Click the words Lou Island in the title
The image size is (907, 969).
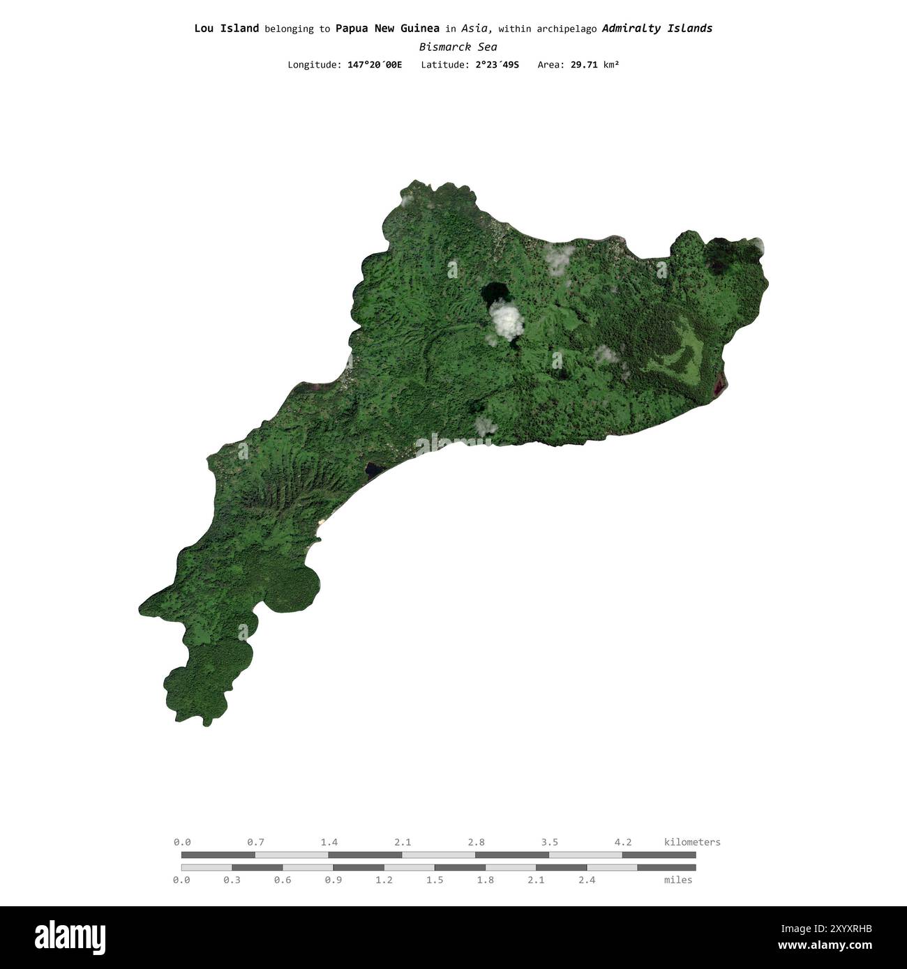[x=226, y=29]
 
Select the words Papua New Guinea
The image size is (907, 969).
[x=387, y=29]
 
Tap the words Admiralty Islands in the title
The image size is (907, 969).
[x=657, y=29]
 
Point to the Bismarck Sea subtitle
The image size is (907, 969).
[x=458, y=47]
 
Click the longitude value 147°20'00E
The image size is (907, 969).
[x=375, y=65]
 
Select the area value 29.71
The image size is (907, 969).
[x=583, y=65]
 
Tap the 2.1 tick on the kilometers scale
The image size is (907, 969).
[x=403, y=842]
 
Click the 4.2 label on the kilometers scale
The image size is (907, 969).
[x=622, y=842]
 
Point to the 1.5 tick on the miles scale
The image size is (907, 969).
[x=435, y=880]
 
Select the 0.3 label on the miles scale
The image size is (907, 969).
[x=232, y=880]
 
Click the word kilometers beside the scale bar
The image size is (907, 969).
[x=691, y=842]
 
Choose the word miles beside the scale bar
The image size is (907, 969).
[x=677, y=880]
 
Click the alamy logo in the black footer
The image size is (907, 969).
[x=70, y=937]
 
